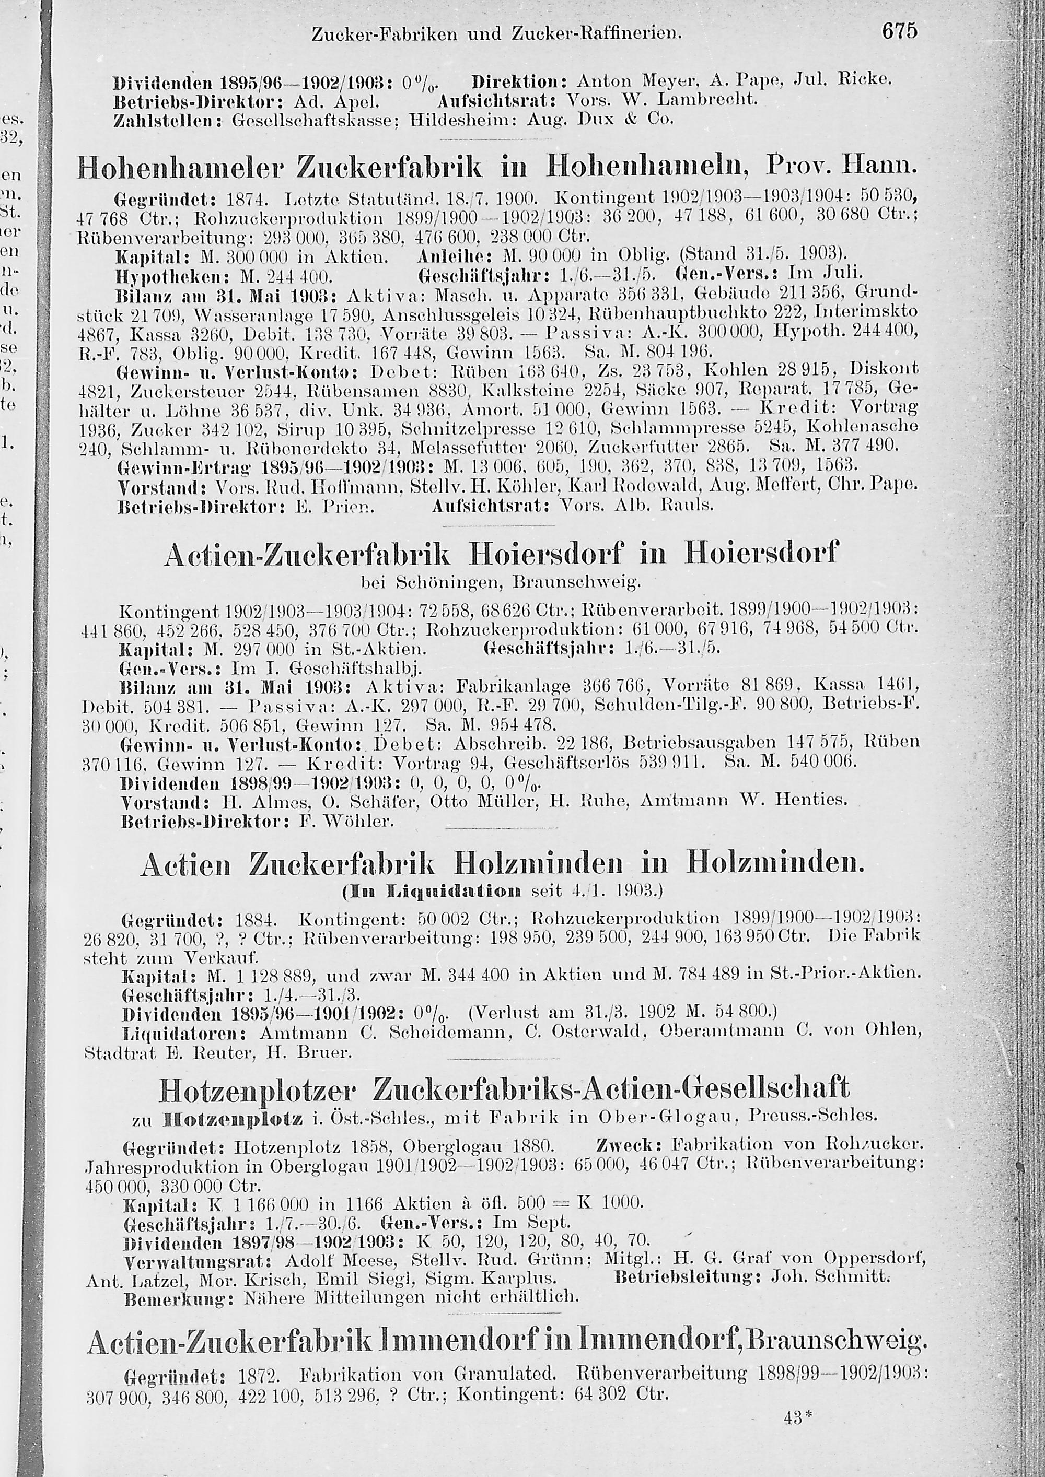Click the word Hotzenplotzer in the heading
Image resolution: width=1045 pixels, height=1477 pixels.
pos(257,1089)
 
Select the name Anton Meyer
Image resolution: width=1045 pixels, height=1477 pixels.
pos(625,81)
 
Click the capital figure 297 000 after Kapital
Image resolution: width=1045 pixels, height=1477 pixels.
pos(258,648)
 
